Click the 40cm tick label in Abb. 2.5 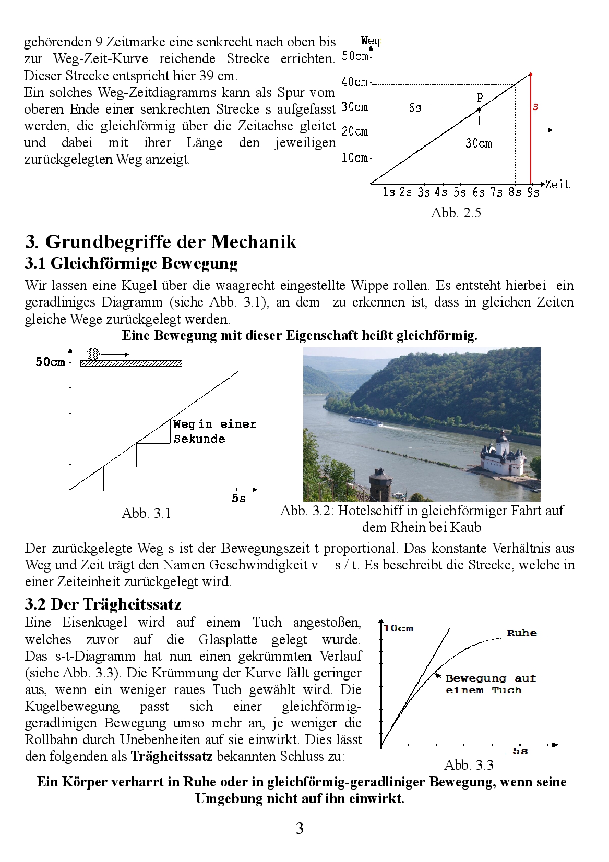point(354,82)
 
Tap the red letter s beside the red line point(535,107)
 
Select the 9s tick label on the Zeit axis point(533,192)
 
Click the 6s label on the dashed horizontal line point(415,108)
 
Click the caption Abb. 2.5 point(456,213)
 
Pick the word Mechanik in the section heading point(254,242)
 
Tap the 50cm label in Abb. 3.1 point(50,362)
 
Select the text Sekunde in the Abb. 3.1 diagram point(199,439)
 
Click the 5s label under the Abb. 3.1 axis point(238,499)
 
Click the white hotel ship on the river point(365,421)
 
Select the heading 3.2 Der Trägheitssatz point(103,604)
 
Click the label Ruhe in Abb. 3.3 point(522,633)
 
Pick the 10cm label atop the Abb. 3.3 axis point(399,628)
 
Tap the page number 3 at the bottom point(300,829)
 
